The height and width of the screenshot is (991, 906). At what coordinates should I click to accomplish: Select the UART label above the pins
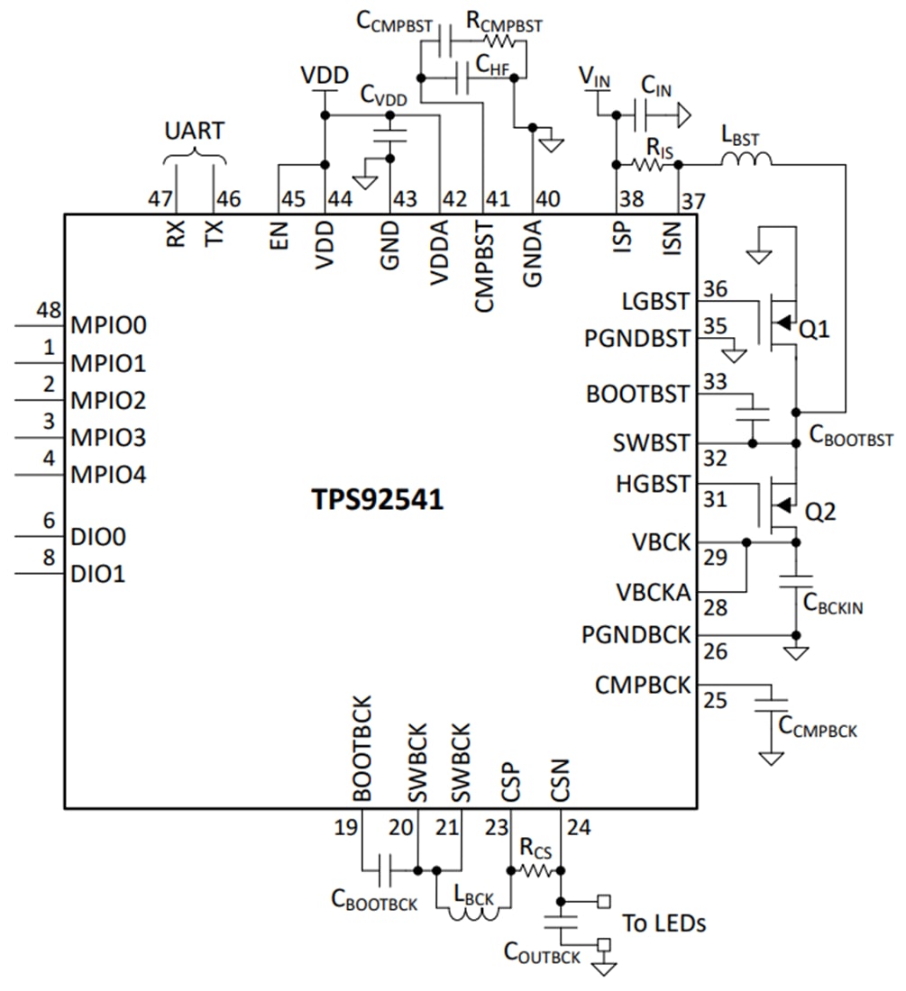tap(194, 131)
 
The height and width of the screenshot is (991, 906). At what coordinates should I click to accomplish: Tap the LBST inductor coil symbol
tap(746, 160)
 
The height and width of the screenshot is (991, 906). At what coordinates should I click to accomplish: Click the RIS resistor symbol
tap(646, 165)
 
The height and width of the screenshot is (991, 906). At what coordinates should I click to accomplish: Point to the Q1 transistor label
tap(816, 331)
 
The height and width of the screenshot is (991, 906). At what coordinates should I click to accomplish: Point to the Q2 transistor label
tap(819, 513)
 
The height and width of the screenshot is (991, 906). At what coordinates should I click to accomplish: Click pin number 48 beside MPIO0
tap(48, 311)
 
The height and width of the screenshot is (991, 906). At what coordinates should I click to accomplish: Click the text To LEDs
tap(663, 923)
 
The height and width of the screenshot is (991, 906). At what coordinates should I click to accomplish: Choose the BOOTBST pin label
tap(637, 395)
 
